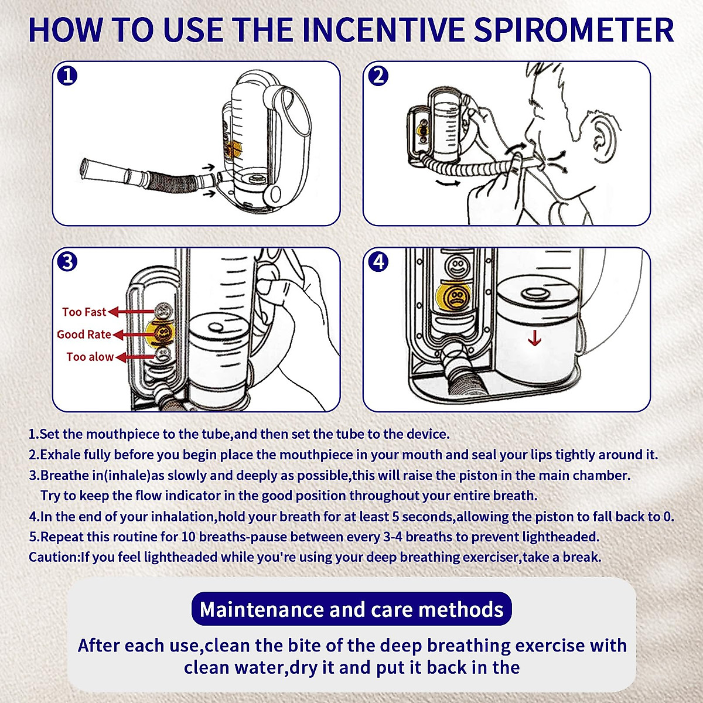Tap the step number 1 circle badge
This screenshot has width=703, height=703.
tap(67, 76)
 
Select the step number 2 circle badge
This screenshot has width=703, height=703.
tap(378, 76)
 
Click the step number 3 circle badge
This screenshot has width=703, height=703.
tap(67, 261)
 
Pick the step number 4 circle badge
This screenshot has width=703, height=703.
tap(378, 261)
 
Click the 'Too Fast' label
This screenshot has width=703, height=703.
tap(84, 312)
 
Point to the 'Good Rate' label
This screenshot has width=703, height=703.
tap(84, 334)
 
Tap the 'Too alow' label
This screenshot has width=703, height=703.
tap(90, 356)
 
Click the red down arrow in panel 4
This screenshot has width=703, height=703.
tap(534, 338)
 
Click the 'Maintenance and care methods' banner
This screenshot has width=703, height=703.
tap(351, 609)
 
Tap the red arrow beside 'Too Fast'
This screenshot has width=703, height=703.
tap(131, 312)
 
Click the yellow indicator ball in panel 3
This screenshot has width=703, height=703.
tap(161, 332)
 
